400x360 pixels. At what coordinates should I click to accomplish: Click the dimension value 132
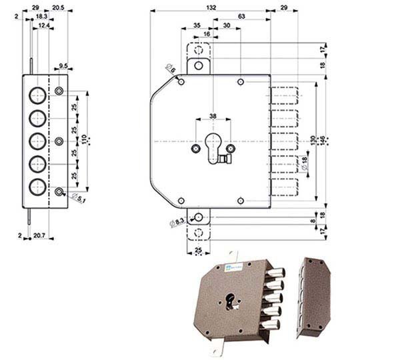(211, 7)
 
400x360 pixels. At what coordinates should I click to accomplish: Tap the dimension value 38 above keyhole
(213, 116)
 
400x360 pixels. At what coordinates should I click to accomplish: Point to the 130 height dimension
(314, 141)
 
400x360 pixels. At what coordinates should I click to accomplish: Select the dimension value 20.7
(39, 236)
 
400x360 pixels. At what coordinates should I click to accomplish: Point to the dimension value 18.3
(41, 15)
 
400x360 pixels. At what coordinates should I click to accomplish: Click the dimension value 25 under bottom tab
(197, 251)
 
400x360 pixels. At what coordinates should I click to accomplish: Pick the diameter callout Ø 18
(303, 164)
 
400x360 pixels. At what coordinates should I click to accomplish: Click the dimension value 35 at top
(197, 25)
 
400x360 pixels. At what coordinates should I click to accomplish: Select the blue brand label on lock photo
(228, 269)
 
